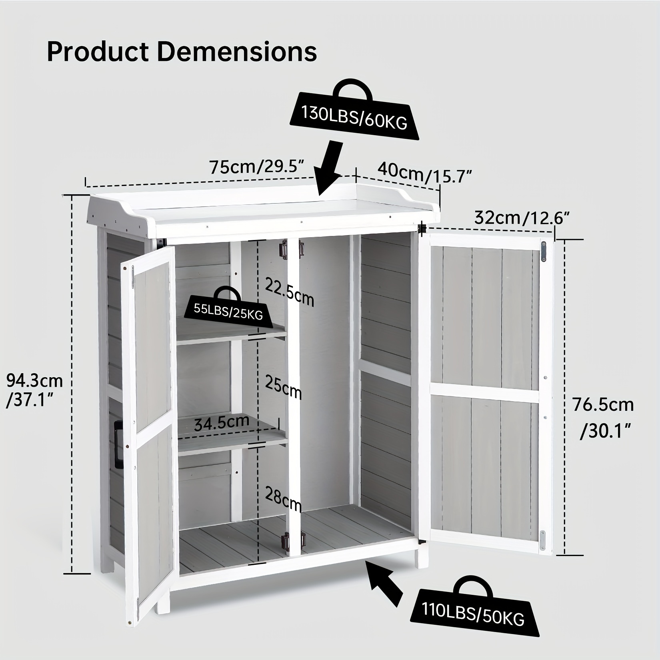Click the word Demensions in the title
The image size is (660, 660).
(x=237, y=52)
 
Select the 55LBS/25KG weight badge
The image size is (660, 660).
(x=228, y=306)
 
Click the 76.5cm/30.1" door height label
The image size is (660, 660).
(x=603, y=417)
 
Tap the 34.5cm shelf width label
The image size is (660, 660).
(x=222, y=422)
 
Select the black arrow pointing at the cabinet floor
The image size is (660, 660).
(x=386, y=584)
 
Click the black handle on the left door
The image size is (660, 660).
(x=118, y=443)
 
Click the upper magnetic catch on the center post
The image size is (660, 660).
(x=284, y=250)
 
